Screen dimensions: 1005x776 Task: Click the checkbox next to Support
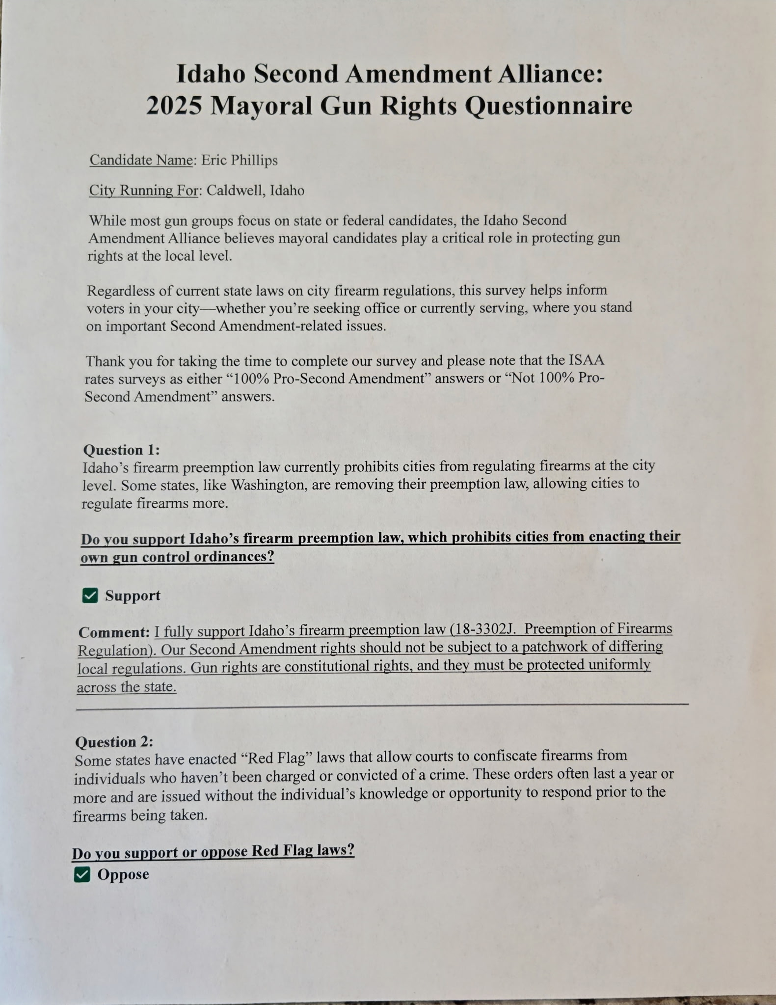click(90, 596)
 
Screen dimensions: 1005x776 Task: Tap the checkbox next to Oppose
click(82, 874)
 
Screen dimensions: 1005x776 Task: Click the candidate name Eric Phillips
click(240, 160)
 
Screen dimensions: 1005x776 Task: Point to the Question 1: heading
click(121, 450)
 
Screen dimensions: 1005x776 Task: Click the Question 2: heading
click(114, 741)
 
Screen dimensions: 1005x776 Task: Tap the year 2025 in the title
click(174, 106)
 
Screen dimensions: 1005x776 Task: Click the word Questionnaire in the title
click(548, 106)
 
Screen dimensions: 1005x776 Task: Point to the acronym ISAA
click(586, 360)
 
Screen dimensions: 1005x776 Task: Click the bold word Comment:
click(114, 632)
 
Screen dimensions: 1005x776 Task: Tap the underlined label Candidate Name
click(141, 160)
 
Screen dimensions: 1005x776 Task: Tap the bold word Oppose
click(123, 874)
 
